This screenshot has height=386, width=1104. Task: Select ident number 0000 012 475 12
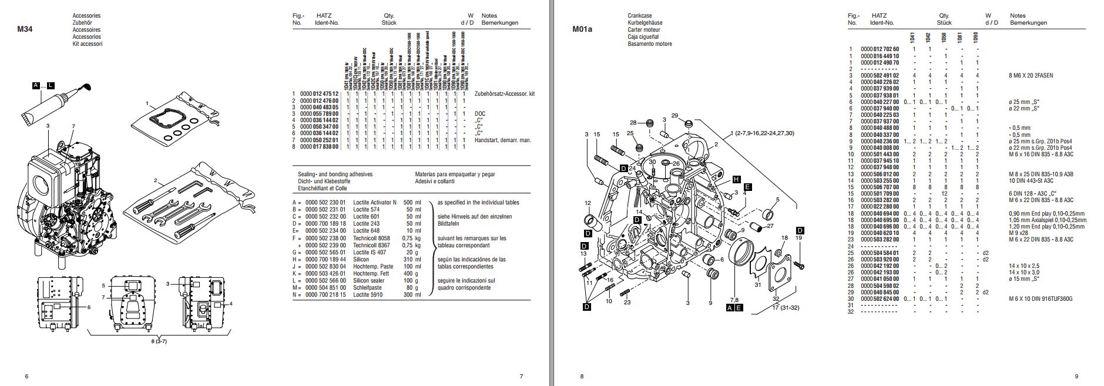click(319, 94)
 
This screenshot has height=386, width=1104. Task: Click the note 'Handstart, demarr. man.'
click(502, 140)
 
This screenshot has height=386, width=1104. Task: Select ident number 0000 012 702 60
click(880, 48)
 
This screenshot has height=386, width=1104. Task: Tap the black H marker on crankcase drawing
click(736, 179)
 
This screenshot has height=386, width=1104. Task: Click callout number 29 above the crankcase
click(675, 116)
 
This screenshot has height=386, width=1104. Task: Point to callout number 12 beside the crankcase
click(588, 203)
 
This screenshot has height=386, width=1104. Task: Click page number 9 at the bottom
click(1076, 377)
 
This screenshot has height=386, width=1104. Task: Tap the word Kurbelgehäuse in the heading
click(645, 22)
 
